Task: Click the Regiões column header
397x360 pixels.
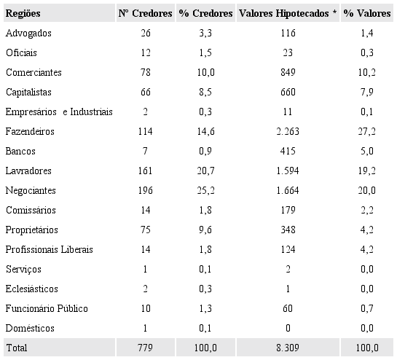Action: (23, 14)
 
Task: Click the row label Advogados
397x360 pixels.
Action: (28, 34)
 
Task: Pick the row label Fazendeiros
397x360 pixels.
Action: (30, 132)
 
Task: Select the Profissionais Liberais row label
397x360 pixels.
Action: (49, 250)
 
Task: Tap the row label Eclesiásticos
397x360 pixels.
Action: (31, 289)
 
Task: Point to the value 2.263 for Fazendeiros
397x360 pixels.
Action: (289, 132)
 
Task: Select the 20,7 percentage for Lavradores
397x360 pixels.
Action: (205, 171)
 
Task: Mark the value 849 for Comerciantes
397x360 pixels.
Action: (289, 73)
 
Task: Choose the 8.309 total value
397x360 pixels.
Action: (289, 348)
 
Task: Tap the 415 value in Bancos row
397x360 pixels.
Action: (289, 152)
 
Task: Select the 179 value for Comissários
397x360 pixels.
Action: (289, 211)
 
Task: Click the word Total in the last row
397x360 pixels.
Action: (16, 348)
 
